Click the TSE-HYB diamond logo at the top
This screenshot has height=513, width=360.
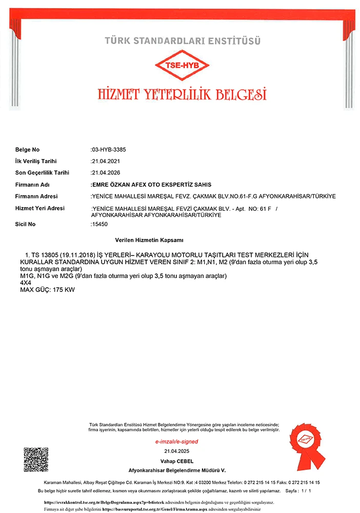click(x=182, y=65)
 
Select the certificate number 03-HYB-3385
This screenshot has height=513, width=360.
click(x=108, y=150)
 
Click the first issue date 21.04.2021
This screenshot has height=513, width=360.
click(x=106, y=161)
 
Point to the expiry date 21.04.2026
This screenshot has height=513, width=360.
click(x=106, y=173)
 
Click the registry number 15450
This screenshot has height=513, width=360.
click(x=100, y=224)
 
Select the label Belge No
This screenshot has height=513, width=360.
click(x=27, y=150)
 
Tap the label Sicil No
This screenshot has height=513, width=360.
click(x=25, y=224)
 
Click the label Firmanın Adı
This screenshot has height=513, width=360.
click(x=32, y=185)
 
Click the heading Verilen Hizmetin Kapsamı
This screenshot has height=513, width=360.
click(x=150, y=240)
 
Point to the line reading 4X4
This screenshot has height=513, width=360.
click(x=25, y=283)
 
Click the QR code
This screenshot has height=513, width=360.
click(x=36, y=460)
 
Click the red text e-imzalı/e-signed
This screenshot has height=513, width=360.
click(x=176, y=442)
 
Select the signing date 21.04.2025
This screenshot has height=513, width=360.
click(x=177, y=451)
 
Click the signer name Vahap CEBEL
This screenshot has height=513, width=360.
click(x=177, y=461)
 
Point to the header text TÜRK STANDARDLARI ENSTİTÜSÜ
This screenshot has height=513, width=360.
click(x=183, y=40)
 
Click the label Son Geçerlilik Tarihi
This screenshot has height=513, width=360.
click(x=42, y=173)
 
